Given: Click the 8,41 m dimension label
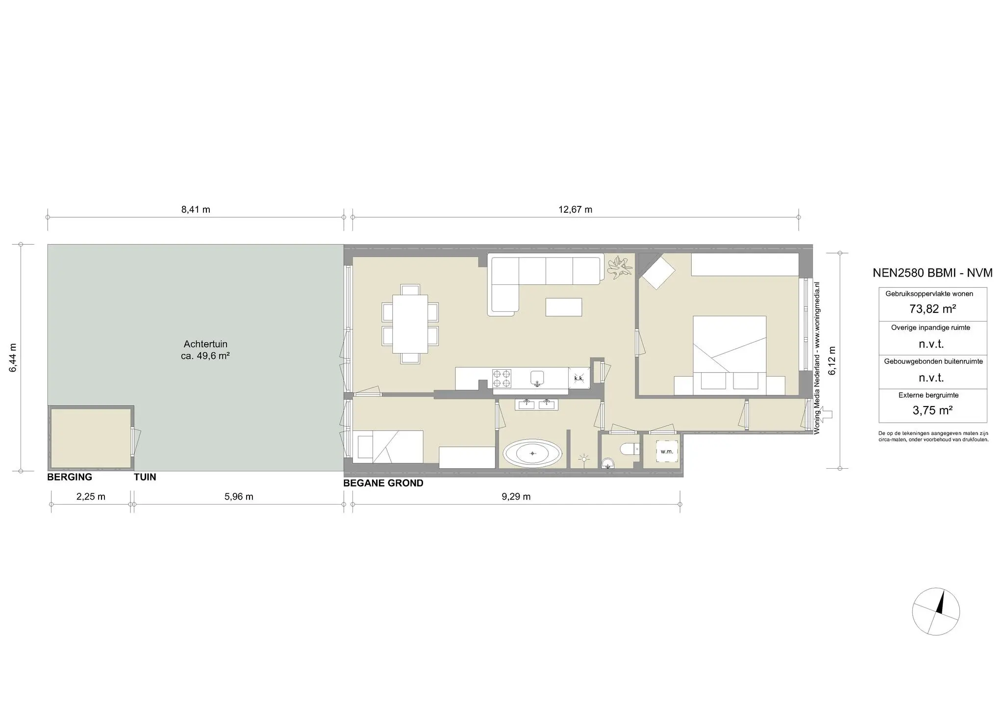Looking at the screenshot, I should (196, 210).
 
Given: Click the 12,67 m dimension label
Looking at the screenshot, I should (575, 210).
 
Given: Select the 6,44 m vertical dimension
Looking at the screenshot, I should (13, 357).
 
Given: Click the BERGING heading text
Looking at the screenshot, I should (70, 477).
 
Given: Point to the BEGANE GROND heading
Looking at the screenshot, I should (383, 483).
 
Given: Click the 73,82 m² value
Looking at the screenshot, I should (932, 309).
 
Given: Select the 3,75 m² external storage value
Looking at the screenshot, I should (932, 410).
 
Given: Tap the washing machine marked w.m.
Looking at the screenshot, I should (667, 452).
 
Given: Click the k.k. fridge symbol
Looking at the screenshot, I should (578, 378).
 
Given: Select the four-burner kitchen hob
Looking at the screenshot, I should (502, 379).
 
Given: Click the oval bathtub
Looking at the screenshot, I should (533, 454).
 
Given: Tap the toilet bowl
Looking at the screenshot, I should (628, 449).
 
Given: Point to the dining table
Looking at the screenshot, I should (410, 324).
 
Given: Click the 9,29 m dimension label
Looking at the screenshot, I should (516, 497).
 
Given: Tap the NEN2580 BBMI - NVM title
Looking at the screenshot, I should (932, 273).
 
